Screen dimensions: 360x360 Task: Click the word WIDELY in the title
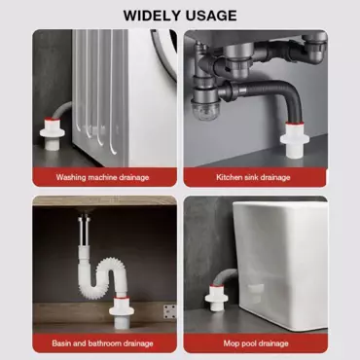point(153,16)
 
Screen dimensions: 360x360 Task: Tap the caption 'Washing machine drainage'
point(102,177)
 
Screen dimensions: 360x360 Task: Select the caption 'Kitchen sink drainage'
point(253,177)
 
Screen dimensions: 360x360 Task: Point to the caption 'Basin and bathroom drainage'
point(102,343)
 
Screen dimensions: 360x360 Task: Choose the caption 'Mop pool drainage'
point(256,343)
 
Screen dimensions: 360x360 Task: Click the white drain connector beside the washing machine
point(52,133)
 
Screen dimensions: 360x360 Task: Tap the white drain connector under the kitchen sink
point(295,139)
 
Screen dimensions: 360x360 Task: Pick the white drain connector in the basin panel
point(122,310)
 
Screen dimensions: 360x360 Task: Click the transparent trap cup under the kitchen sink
point(202,111)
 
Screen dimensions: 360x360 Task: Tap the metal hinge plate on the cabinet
point(170,311)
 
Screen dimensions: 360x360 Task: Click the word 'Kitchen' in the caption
point(230,177)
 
